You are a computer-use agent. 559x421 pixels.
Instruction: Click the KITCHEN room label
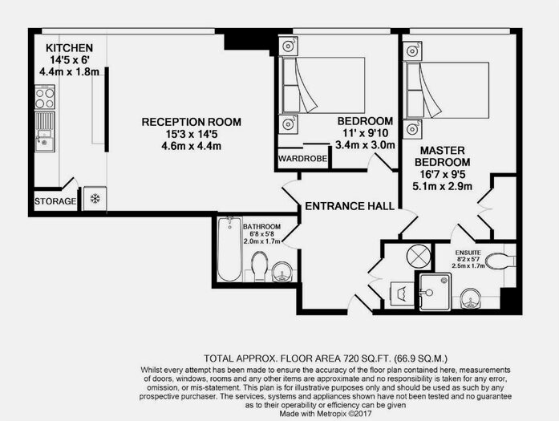point(70,48)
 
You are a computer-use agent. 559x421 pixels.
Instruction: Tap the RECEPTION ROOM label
point(192,122)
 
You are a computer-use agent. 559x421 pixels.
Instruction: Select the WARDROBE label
point(302,158)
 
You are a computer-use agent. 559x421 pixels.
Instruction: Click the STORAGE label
point(55,201)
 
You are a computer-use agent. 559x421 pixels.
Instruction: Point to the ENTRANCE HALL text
point(350,206)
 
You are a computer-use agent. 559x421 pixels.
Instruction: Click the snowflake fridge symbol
point(95,199)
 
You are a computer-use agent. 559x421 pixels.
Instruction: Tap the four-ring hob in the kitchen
point(45,97)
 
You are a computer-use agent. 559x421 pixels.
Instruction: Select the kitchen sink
point(45,132)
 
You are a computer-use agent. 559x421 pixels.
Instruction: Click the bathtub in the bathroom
point(230,249)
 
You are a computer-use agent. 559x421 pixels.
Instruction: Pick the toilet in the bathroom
point(260,266)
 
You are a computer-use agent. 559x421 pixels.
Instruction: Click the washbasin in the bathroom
point(283,273)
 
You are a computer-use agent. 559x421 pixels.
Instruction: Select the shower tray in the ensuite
point(435,293)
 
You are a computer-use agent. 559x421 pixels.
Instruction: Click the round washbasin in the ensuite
point(470,299)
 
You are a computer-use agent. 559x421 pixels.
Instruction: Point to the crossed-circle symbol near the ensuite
point(419,256)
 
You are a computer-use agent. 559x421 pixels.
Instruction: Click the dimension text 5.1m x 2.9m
point(442,186)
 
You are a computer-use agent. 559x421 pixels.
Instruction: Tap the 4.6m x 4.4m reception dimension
point(192,146)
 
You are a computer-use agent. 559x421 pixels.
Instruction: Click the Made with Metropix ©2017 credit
point(326,414)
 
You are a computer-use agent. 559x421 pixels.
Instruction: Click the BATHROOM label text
point(261,227)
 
